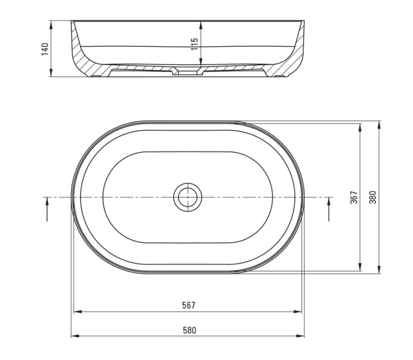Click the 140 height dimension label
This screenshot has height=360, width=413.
click(x=45, y=49)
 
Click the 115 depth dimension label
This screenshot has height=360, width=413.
click(x=194, y=44)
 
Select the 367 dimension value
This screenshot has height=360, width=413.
click(x=354, y=197)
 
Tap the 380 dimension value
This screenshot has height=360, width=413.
click(x=373, y=197)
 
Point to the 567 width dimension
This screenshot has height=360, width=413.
click(x=189, y=305)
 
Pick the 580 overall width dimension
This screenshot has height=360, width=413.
click(x=190, y=330)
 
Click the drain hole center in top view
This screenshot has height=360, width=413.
click(x=188, y=197)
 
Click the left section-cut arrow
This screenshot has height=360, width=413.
click(x=47, y=209)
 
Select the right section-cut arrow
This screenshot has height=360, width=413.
click(x=329, y=209)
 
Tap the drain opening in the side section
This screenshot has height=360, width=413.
click(x=188, y=72)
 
